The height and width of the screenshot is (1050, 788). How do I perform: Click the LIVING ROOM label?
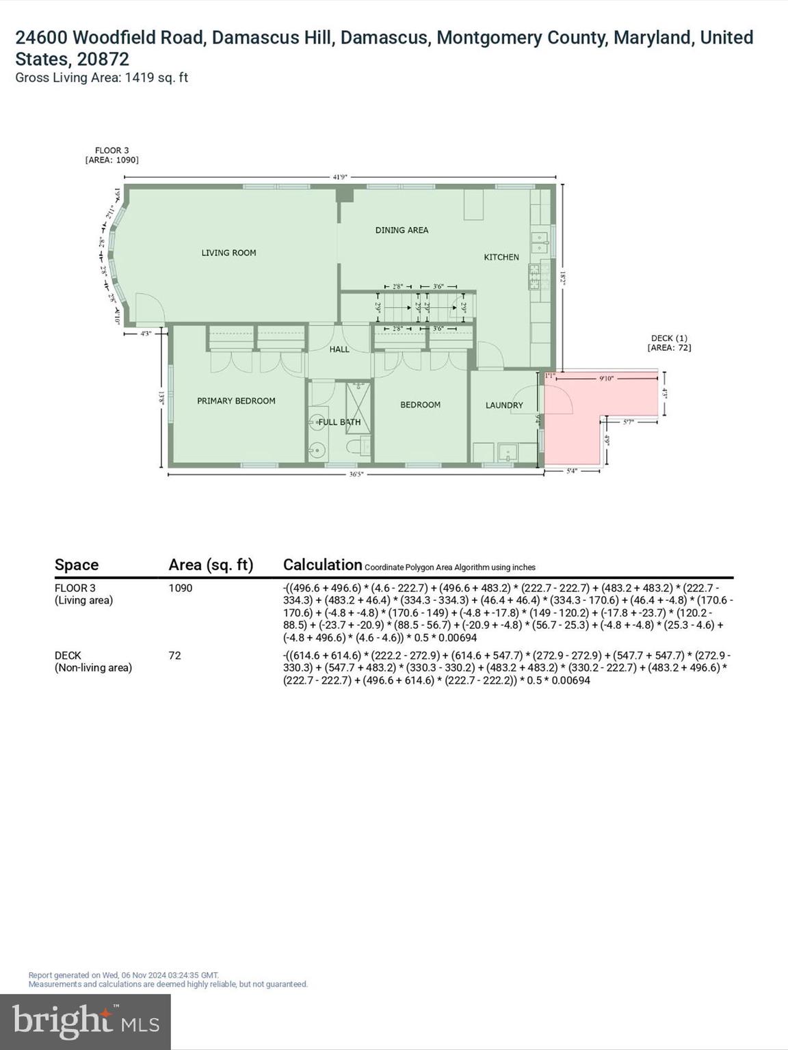point(228,253)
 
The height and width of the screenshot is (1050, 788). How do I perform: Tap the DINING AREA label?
point(402,230)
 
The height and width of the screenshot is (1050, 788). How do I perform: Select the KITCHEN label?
point(501,257)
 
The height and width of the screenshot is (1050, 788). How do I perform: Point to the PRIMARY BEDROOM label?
point(236,401)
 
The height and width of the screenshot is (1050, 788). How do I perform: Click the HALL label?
point(339,349)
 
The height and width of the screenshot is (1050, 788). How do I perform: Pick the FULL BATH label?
point(339,422)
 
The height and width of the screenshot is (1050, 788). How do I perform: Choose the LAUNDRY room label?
point(504,405)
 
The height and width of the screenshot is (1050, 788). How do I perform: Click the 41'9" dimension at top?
point(340,177)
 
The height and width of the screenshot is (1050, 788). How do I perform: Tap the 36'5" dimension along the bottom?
point(355,474)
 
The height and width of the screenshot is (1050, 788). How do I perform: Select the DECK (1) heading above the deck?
point(669,338)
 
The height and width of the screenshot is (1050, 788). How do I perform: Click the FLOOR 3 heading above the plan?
point(111,150)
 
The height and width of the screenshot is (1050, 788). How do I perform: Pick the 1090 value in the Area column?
point(181,588)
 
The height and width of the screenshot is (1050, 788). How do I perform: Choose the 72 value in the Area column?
point(175,656)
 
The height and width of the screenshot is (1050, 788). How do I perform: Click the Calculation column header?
point(322,565)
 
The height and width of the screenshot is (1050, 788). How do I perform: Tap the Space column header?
point(77,565)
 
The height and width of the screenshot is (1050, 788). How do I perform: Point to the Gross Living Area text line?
point(101,78)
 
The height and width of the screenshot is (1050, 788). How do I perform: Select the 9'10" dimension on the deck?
point(606,378)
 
